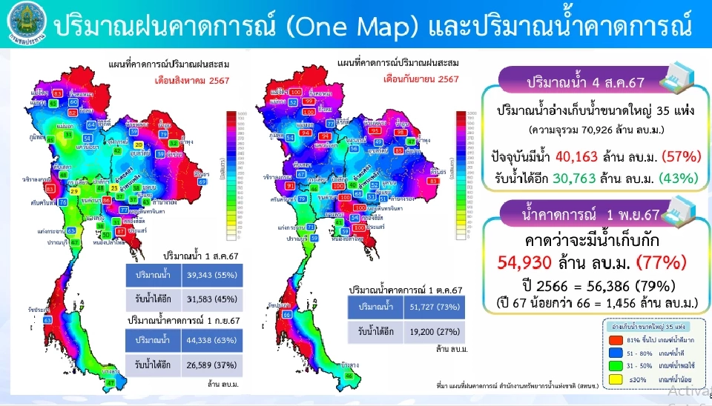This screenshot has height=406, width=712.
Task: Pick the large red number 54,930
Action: click(531, 263)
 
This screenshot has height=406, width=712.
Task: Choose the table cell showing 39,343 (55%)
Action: click(201, 275)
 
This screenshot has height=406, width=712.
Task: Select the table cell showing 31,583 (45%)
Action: click(201, 299)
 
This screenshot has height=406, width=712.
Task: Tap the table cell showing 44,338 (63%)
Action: click(202, 340)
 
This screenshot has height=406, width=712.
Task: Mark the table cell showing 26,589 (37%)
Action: click(202, 365)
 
